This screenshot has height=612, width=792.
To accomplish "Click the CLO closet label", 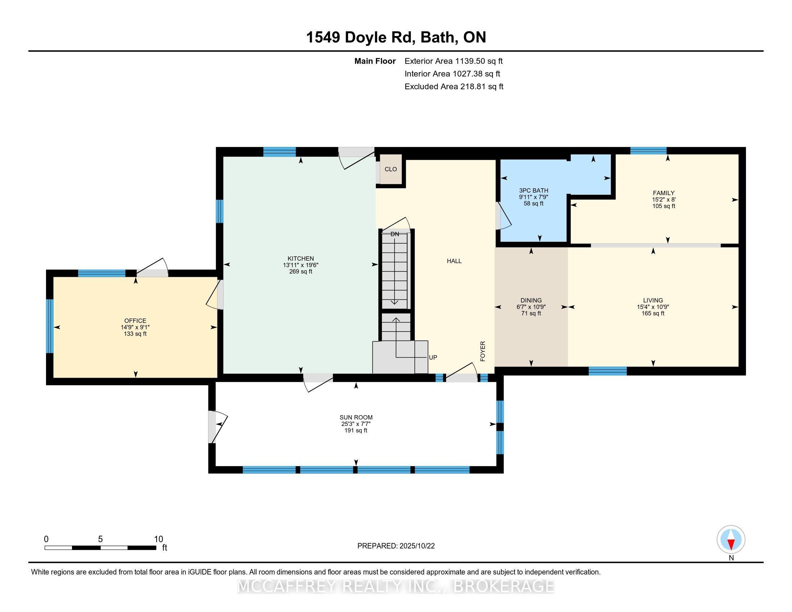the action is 391,169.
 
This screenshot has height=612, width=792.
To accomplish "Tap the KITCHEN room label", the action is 301,258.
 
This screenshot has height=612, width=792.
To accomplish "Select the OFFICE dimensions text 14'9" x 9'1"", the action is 135,327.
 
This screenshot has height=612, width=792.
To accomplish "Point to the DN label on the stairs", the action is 395,234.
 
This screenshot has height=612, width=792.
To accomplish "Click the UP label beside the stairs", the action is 433,357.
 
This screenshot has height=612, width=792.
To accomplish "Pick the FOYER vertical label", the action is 483,351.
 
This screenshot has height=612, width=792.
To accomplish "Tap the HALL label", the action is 454,261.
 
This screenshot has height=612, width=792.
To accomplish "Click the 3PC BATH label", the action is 534,190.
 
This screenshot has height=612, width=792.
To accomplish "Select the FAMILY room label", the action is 663,193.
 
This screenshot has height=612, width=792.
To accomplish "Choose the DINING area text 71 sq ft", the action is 531,313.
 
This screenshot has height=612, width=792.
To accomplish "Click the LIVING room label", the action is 653,300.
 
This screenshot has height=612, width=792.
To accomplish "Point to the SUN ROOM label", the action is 356,417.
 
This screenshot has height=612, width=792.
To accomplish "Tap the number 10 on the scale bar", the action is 158,539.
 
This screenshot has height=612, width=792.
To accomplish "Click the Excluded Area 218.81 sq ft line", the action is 454,87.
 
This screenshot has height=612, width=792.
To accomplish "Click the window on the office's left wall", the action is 50,326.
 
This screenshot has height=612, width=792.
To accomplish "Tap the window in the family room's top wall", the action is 648,151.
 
